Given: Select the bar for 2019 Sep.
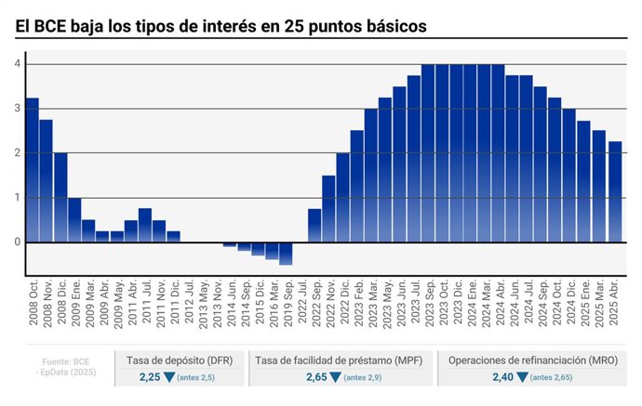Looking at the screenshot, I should click(286, 253).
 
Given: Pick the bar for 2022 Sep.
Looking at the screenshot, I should click(314, 225).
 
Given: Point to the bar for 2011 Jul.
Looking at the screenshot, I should click(145, 225).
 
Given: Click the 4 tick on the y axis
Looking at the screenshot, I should click(17, 64).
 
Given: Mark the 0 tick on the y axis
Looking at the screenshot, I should click(17, 242).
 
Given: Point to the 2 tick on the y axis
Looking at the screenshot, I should click(17, 153).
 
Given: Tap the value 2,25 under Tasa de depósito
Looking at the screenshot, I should click(150, 377).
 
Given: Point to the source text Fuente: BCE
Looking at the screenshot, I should click(66, 360).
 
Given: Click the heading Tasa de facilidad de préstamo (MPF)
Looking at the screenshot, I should click(341, 360).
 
